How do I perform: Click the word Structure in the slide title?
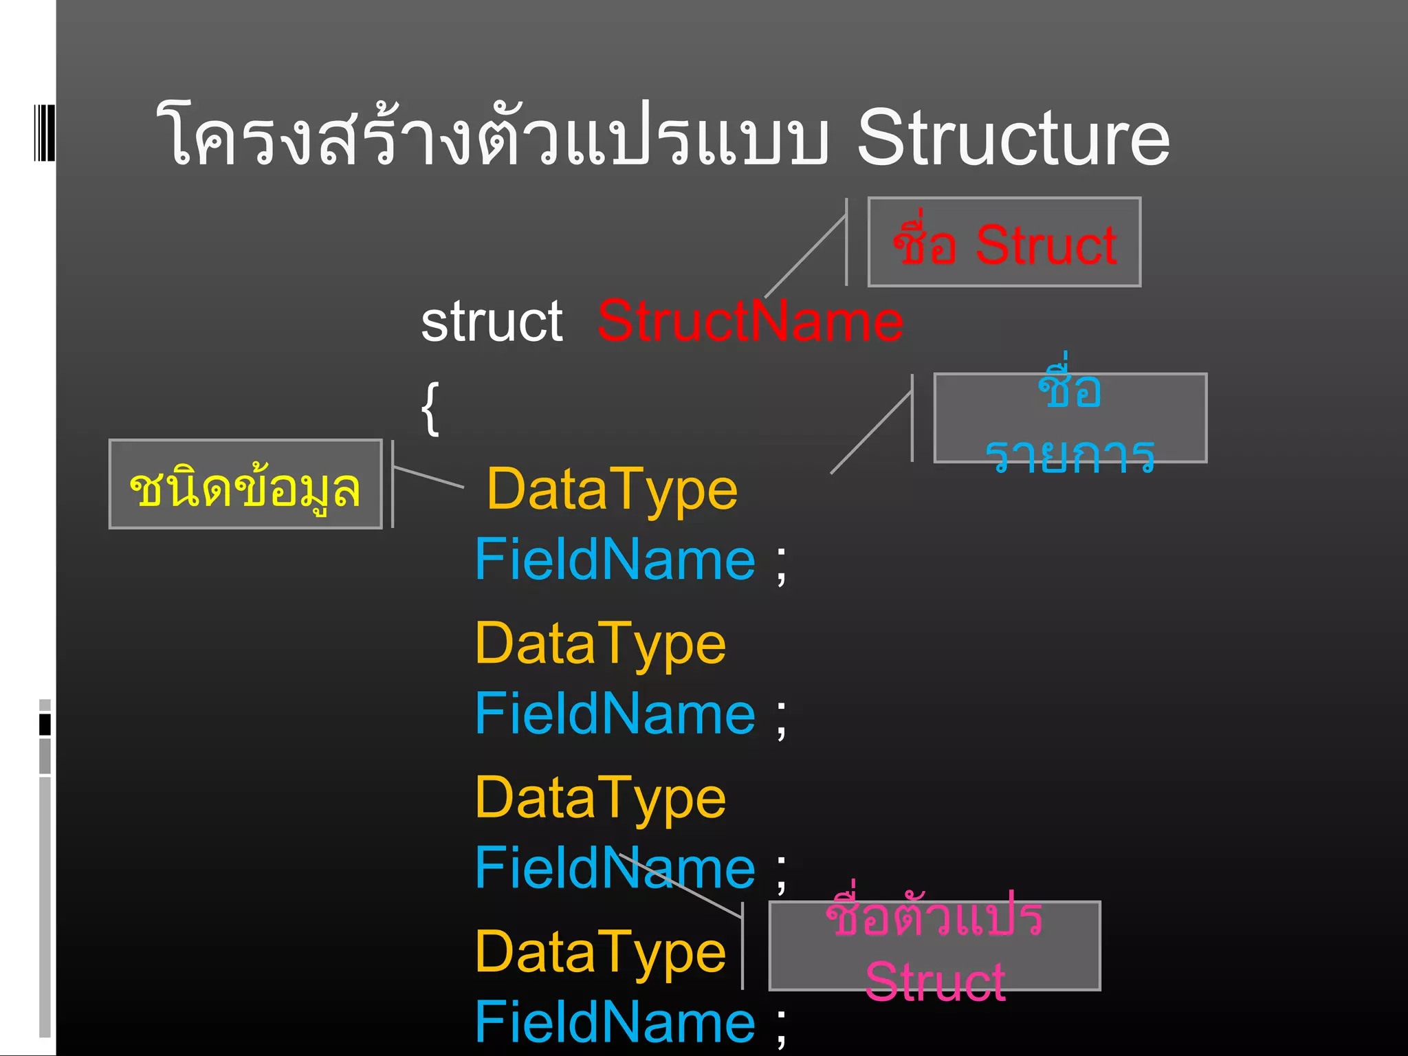1012,137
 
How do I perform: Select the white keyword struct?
492,322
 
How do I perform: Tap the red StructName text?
750,321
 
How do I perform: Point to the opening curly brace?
430,408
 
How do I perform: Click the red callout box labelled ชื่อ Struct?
1004,243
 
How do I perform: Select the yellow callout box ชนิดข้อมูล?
245,485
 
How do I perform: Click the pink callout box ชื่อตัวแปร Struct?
934,946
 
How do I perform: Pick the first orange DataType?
612,489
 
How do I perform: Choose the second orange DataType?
600,643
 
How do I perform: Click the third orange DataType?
600,797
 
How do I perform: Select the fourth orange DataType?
600,952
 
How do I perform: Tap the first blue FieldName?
615,560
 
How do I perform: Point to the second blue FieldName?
615,714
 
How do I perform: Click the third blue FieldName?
615,868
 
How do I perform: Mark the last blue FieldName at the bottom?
615,1022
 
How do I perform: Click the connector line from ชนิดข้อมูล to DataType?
428,476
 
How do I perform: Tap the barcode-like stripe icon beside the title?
44,133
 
